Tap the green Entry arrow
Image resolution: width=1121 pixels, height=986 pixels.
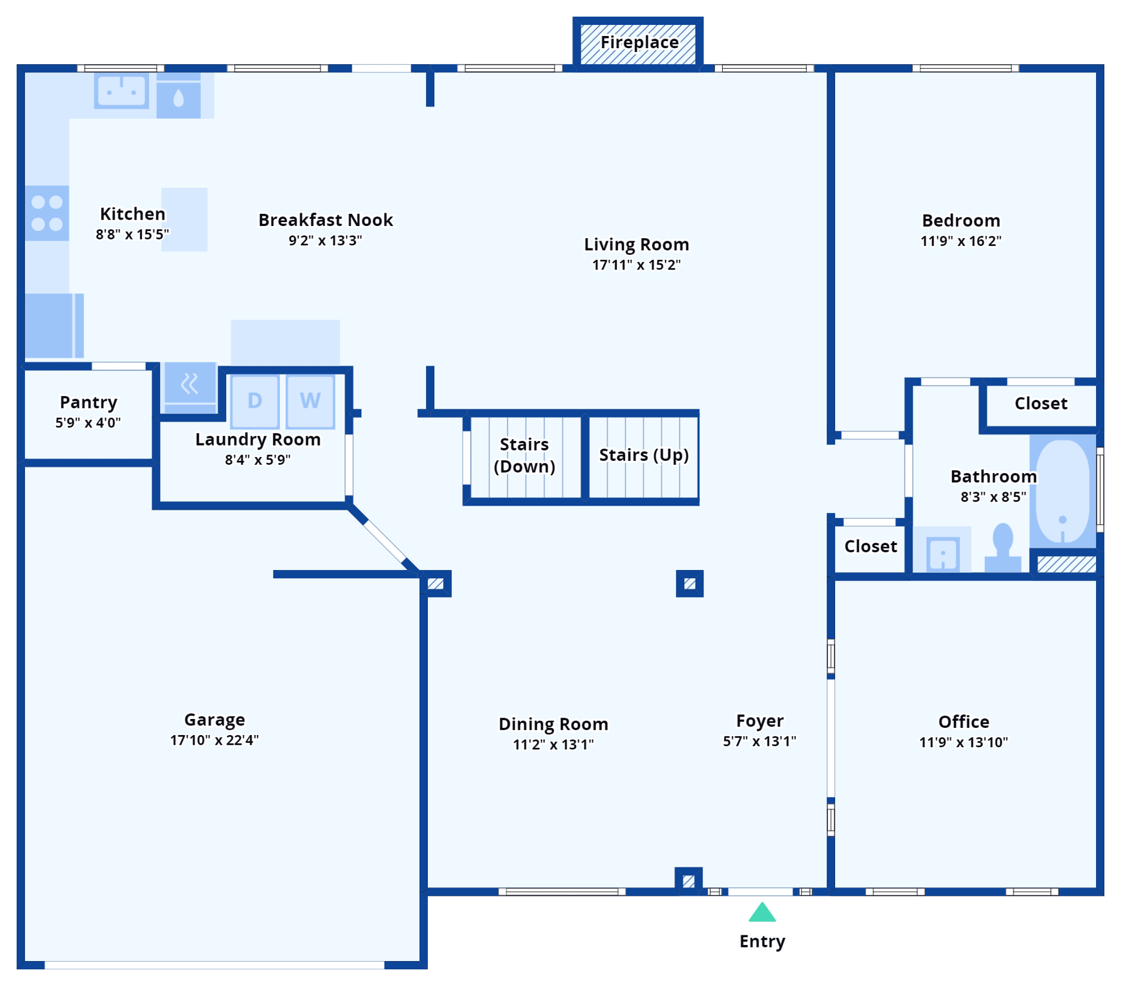(762, 912)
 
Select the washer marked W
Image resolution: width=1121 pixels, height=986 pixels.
(310, 401)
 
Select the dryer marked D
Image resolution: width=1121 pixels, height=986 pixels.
(255, 401)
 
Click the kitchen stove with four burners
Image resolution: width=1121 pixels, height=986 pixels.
(47, 213)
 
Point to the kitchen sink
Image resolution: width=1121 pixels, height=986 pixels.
(121, 91)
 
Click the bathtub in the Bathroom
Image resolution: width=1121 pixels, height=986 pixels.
(1063, 491)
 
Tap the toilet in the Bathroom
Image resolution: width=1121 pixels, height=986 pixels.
(1002, 548)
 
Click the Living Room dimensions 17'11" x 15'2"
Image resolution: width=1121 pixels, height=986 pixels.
(636, 265)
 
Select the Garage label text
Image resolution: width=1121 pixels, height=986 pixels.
(215, 720)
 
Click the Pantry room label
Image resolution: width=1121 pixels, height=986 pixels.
(89, 402)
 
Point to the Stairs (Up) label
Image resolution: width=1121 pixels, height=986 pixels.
(644, 455)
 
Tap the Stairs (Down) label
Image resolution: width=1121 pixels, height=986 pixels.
(524, 455)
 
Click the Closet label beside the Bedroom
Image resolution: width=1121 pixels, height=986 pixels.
(1041, 404)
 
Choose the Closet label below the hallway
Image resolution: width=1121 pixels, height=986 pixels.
(870, 546)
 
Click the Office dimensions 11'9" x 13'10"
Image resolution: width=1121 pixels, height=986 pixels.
(963, 743)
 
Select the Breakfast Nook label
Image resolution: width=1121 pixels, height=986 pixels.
(326, 220)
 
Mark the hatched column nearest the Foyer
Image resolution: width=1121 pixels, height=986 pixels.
(689, 584)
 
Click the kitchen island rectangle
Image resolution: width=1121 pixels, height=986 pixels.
(184, 220)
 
